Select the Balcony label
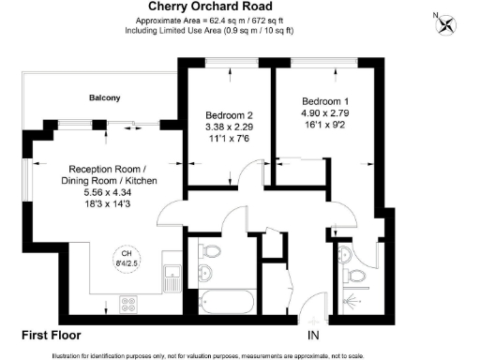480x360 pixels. [x=104, y=97]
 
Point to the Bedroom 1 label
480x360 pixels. [x=325, y=100]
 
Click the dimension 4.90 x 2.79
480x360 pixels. [x=325, y=112]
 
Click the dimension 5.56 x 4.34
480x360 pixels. [x=108, y=191]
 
